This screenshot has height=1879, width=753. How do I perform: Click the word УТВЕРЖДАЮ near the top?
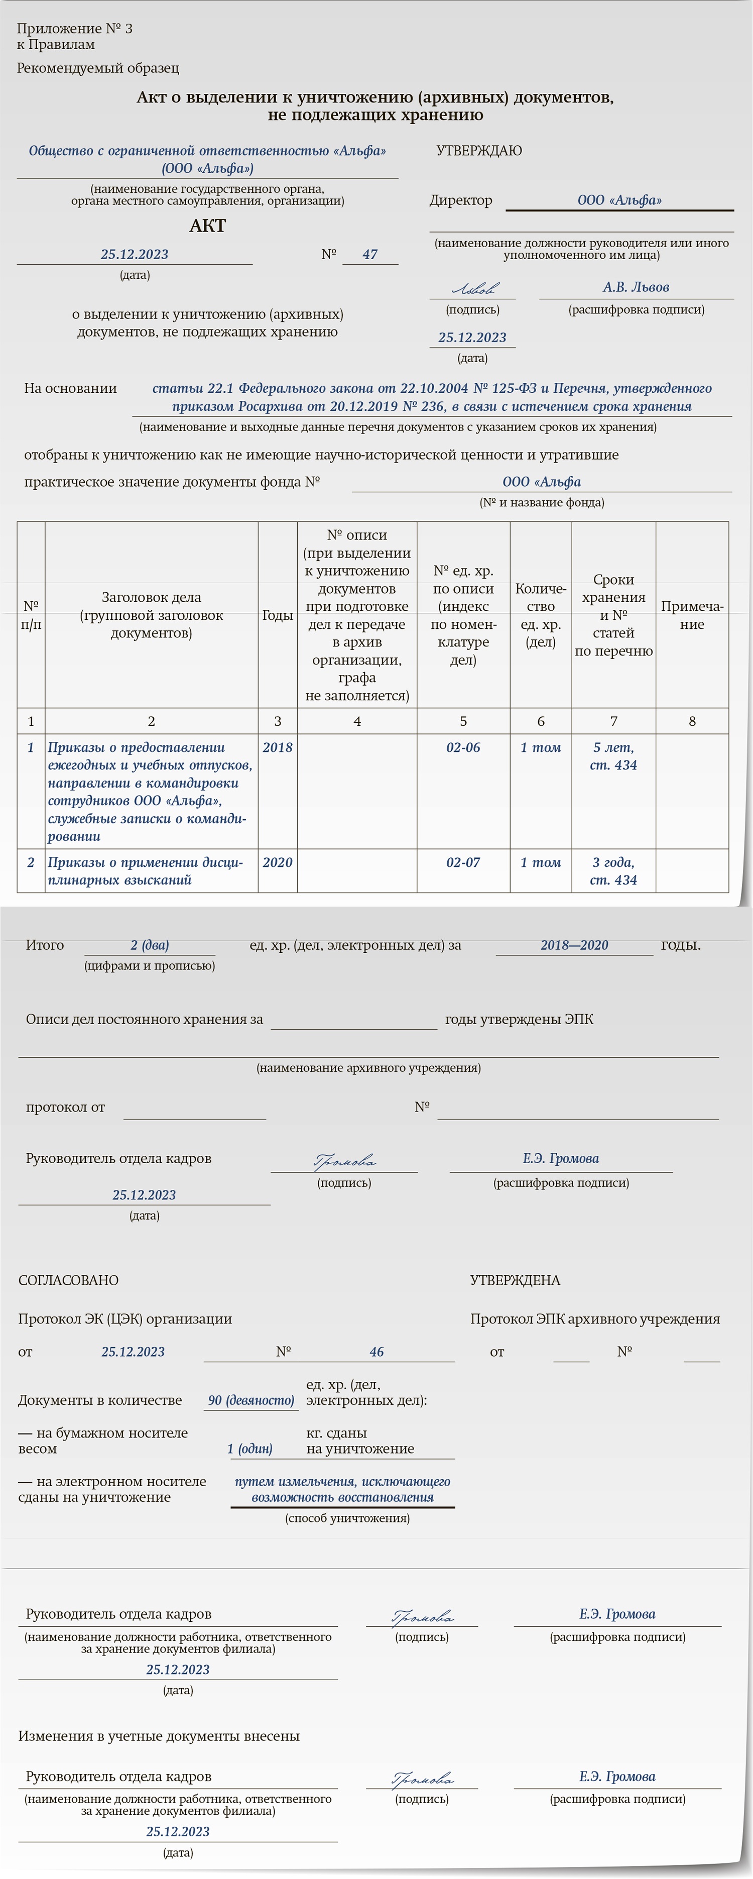[x=479, y=151]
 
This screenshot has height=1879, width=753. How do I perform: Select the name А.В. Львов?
[x=636, y=287]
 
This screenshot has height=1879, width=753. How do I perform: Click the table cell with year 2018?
[x=277, y=748]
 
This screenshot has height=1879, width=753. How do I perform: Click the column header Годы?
[x=277, y=616]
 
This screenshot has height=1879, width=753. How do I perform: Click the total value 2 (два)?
[x=150, y=945]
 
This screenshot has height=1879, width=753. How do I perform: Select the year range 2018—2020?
[x=574, y=945]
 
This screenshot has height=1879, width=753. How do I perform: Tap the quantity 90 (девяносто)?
[x=251, y=1400]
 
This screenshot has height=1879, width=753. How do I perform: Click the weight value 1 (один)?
[x=249, y=1449]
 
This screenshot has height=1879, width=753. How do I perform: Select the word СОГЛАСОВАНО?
[x=68, y=1281]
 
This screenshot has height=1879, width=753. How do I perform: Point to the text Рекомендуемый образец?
[x=98, y=69]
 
